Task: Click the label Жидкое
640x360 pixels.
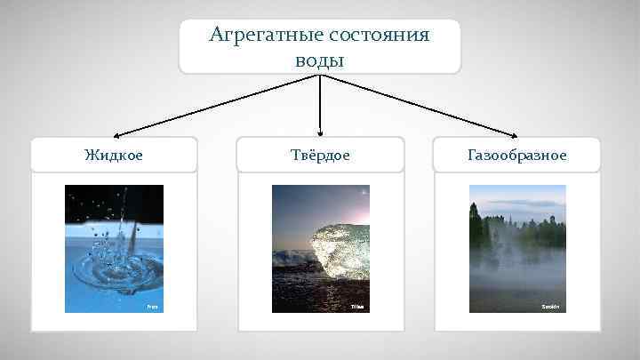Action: point(114,155)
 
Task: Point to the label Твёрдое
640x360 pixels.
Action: point(320,155)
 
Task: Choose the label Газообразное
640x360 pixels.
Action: point(517,155)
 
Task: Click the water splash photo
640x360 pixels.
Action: point(114,248)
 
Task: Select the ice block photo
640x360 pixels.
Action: point(320,248)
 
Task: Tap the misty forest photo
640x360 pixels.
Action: point(517,248)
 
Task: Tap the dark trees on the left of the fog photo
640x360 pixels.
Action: point(481,231)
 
